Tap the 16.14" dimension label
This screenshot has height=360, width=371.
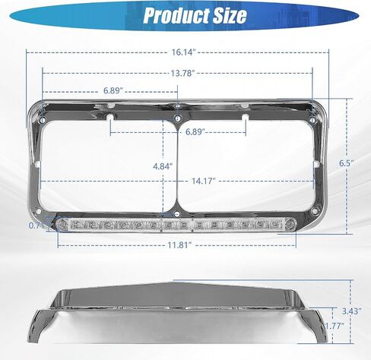pyautogui.click(x=184, y=52)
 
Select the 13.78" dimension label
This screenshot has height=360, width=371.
pyautogui.click(x=182, y=74)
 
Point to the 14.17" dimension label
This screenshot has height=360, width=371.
pyautogui.click(x=204, y=181)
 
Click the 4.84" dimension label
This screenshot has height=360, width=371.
pyautogui.click(x=163, y=166)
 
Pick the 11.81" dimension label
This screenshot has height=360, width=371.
pyautogui.click(x=179, y=245)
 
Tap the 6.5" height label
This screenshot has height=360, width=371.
pyautogui.click(x=346, y=163)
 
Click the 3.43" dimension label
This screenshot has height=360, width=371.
pyautogui.click(x=351, y=311)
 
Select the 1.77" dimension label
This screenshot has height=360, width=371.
pyautogui.click(x=335, y=326)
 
